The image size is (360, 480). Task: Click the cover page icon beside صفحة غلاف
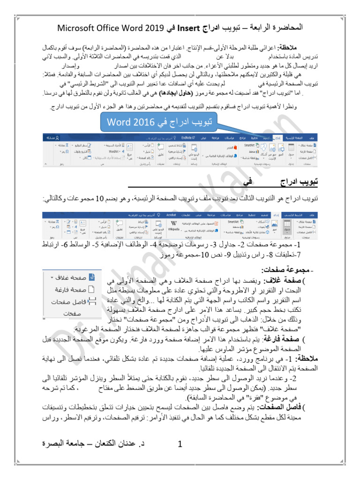tap(92, 277)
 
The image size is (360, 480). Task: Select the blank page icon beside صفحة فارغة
tap(92, 289)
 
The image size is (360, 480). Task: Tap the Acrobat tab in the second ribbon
tap(171, 214)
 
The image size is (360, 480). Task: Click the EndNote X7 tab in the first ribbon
tap(187, 138)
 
